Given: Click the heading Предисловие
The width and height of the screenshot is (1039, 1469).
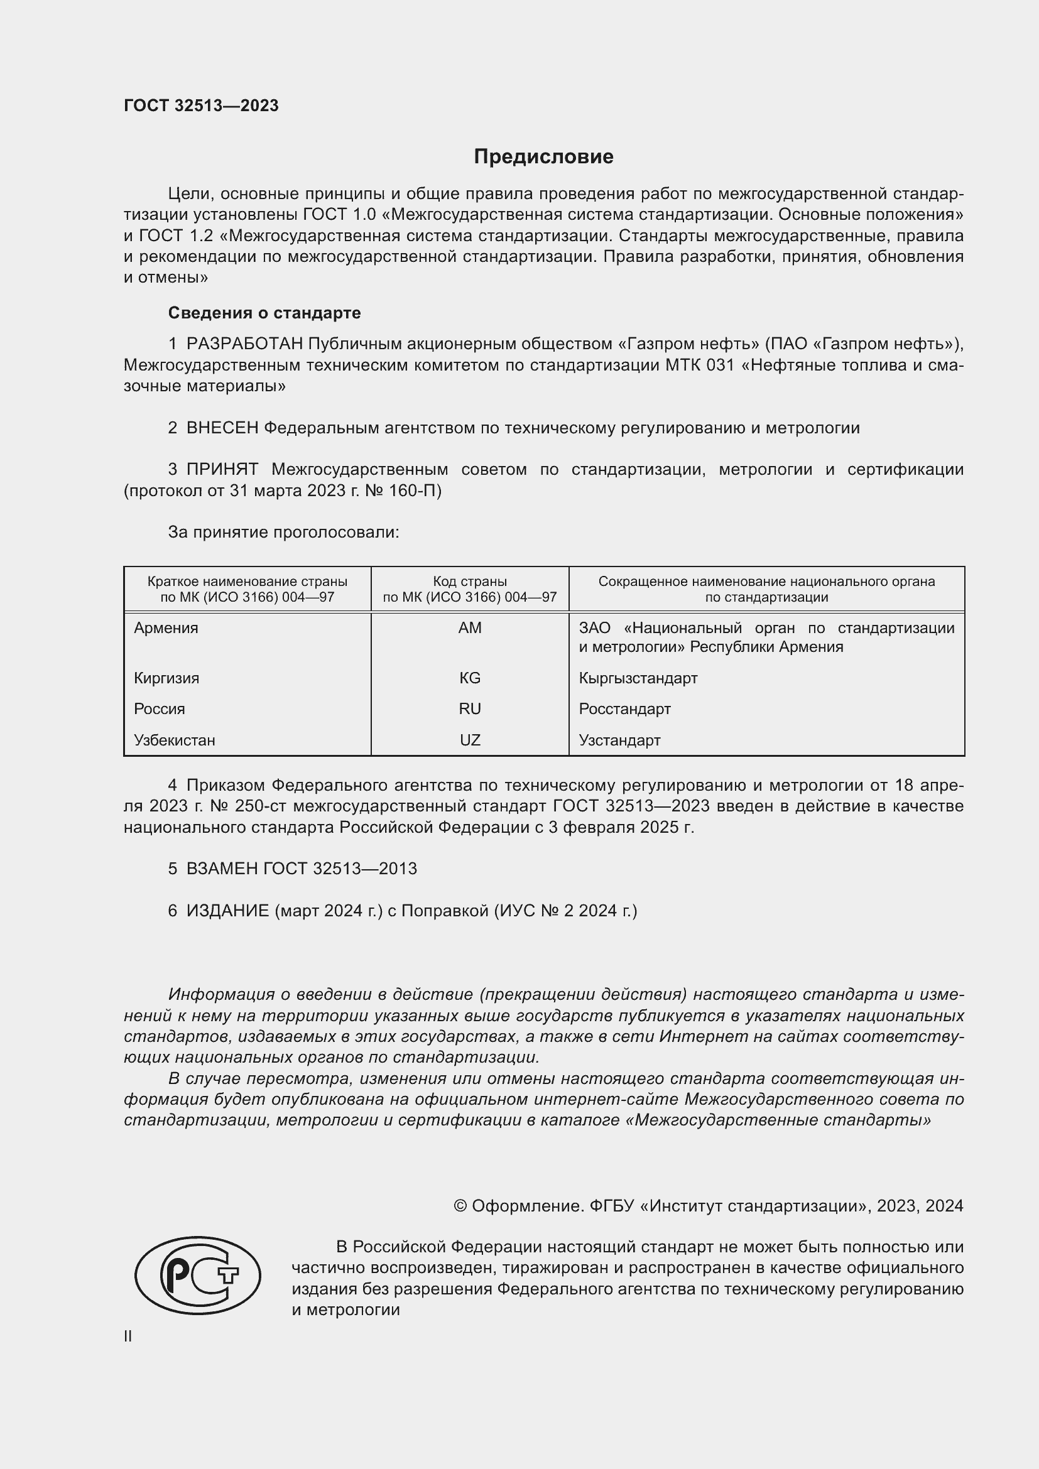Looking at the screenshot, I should point(543,157).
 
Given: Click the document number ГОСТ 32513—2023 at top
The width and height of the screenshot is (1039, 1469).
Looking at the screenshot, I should point(201,106).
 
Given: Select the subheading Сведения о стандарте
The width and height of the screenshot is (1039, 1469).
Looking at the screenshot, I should point(264,313).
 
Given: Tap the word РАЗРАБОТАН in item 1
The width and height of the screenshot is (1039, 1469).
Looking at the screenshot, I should point(244,344).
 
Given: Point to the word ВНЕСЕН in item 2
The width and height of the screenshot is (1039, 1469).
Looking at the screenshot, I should point(222,428).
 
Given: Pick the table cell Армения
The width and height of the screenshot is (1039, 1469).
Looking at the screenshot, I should point(166,627).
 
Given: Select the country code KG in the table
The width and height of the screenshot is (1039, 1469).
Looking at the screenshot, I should point(470,678).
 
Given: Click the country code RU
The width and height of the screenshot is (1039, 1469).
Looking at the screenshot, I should point(470,709).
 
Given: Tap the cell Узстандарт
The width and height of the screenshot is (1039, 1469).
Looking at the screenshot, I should point(619,740).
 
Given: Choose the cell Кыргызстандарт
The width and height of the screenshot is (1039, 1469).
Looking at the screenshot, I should point(638,678).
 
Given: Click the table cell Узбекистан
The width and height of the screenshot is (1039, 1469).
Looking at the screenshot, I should point(175,740).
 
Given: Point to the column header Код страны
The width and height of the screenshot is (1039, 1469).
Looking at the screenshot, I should point(470,581).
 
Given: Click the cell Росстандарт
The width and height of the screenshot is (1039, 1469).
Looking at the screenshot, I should point(624,709).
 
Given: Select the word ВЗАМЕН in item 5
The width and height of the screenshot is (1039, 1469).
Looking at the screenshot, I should point(222,869).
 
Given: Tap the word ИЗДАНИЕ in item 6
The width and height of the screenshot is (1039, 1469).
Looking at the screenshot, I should point(228,911).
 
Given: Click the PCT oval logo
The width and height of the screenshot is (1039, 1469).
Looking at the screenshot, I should point(198,1275).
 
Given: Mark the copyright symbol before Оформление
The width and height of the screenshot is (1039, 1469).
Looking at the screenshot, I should point(460,1206).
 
